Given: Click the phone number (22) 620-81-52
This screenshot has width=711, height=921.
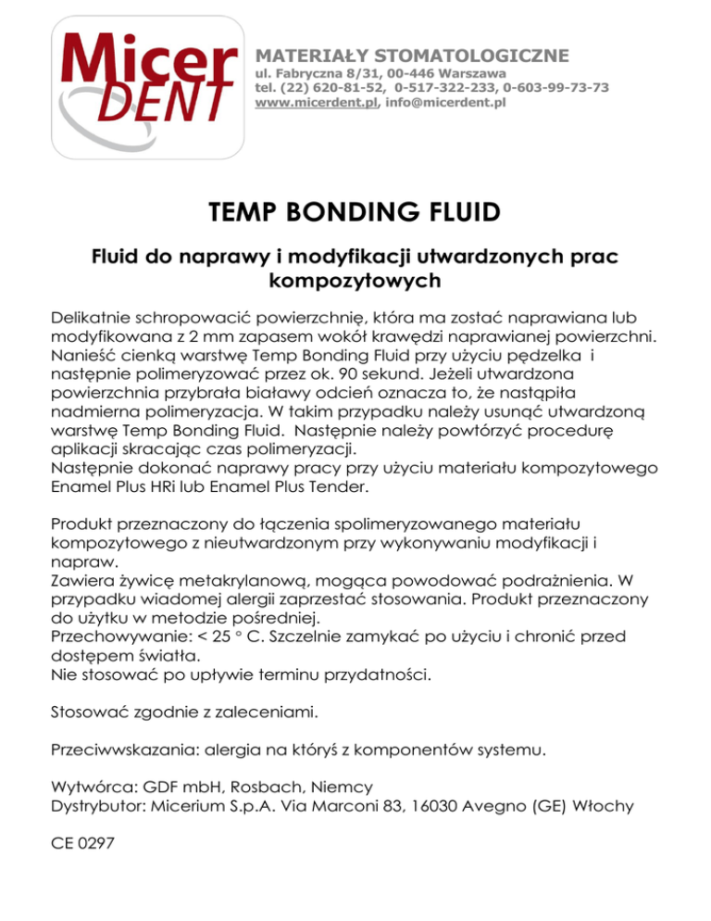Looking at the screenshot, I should tap(327, 87).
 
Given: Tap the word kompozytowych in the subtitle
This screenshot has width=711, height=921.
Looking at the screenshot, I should tap(355, 277).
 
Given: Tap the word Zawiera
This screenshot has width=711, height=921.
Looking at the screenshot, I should tap(81, 581).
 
